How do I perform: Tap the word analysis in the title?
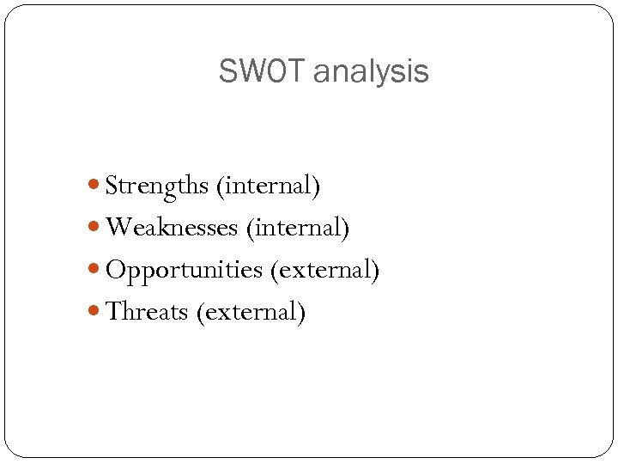(371, 71)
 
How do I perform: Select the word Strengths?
(157, 186)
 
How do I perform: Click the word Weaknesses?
(172, 228)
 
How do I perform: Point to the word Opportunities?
(184, 270)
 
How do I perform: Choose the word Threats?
(147, 311)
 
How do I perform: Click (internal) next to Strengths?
(269, 186)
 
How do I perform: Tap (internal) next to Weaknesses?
(297, 228)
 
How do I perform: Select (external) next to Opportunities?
(324, 270)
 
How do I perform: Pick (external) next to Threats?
(251, 311)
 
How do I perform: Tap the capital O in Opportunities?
(115, 270)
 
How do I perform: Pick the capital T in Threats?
(112, 311)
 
